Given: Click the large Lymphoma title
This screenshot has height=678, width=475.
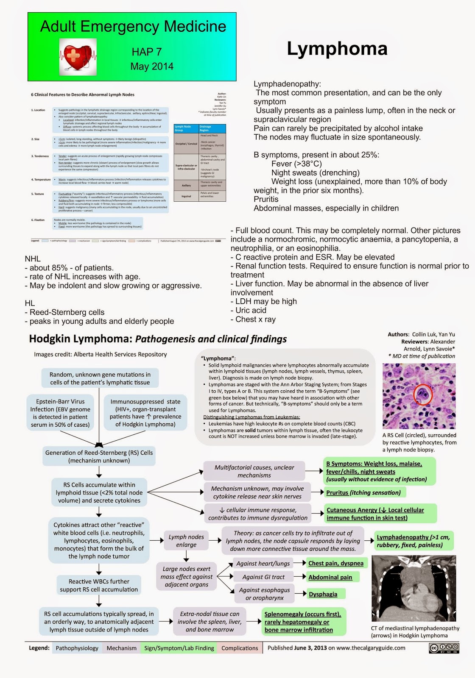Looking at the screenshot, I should [x=337, y=49].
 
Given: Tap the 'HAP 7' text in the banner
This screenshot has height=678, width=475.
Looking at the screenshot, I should [x=147, y=52].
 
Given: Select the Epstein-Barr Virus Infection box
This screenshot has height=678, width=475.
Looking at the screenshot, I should [x=60, y=413].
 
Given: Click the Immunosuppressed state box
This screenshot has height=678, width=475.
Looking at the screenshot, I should [x=145, y=413].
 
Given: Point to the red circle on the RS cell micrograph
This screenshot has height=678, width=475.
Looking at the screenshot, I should [x=423, y=394].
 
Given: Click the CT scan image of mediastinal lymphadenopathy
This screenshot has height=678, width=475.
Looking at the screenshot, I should [x=414, y=588].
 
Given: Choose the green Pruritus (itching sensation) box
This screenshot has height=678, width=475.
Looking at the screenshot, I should [x=363, y=492].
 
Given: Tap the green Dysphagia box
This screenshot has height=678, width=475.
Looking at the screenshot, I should [x=323, y=594].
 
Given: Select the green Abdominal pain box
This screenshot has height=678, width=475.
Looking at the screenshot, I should [x=330, y=577].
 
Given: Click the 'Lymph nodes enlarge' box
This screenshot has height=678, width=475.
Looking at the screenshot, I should [x=186, y=541].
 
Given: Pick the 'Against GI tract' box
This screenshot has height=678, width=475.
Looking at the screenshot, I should [x=263, y=577].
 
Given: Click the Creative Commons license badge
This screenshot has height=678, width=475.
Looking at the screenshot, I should [x=444, y=648].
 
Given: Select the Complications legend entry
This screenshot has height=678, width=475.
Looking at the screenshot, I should [x=240, y=648].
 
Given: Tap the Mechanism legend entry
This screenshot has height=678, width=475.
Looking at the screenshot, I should [x=121, y=648].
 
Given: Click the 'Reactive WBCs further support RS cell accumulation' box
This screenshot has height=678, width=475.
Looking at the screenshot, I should [x=99, y=585].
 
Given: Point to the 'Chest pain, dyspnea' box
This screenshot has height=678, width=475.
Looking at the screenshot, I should [x=336, y=563].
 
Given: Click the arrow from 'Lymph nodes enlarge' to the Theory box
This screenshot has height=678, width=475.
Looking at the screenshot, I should [x=215, y=540].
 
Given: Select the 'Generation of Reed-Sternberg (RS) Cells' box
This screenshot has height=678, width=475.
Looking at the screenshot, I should [x=99, y=456].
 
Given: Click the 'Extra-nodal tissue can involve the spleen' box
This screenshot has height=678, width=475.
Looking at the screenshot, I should [x=210, y=622].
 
